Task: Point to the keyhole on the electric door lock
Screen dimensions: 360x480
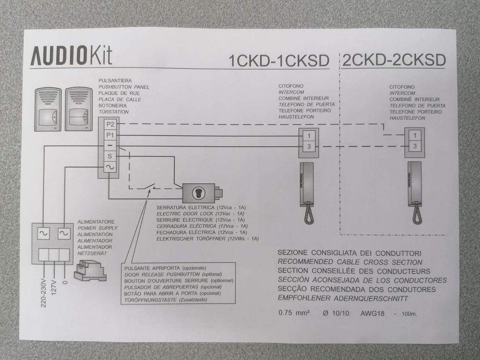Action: (198, 192)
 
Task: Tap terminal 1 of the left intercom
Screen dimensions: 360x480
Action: (309, 136)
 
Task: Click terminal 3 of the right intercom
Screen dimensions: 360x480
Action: (414, 146)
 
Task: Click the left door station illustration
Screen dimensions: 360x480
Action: (48, 109)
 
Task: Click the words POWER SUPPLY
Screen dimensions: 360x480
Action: (97, 228)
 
